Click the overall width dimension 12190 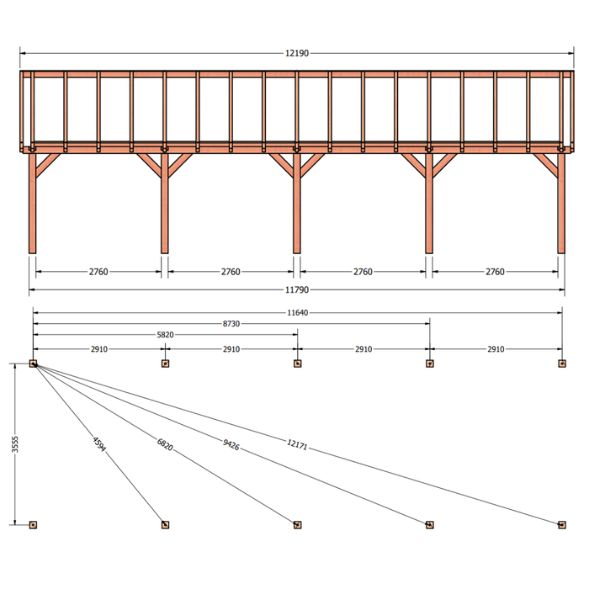click(x=297, y=53)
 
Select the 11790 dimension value click(x=297, y=290)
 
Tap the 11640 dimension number click(x=298, y=313)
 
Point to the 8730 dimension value click(x=231, y=324)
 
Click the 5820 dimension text click(x=165, y=335)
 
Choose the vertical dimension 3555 click(x=15, y=444)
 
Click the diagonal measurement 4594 click(x=99, y=444)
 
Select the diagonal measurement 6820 click(x=165, y=445)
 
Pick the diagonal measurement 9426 click(x=231, y=445)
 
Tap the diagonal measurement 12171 click(x=297, y=445)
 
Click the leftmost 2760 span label click(x=98, y=272)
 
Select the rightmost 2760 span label click(x=495, y=272)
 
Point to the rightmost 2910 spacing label click(x=496, y=349)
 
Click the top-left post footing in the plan click(x=33, y=363)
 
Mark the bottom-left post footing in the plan click(x=33, y=525)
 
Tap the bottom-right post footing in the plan click(x=562, y=525)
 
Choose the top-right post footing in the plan click(x=562, y=363)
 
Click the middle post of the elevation click(x=297, y=204)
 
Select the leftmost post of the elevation click(x=32, y=204)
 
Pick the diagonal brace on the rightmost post click(x=546, y=165)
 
